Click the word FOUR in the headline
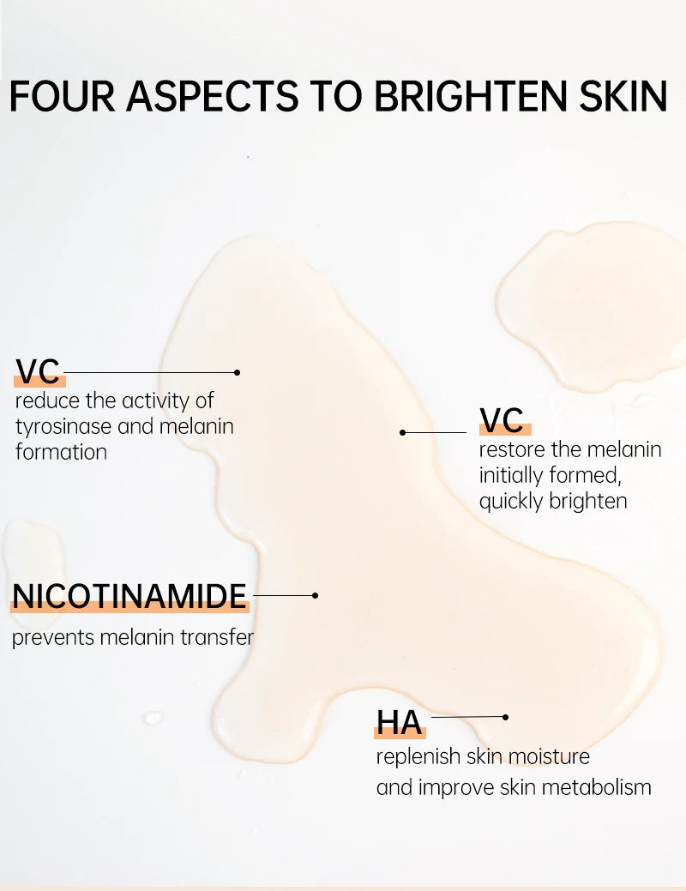click(x=62, y=97)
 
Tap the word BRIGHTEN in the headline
click(x=472, y=97)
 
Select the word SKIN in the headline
click(x=623, y=97)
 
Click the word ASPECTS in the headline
click(x=213, y=97)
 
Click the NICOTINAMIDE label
click(x=129, y=596)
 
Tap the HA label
click(x=400, y=723)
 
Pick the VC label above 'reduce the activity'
click(x=38, y=371)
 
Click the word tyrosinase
click(x=63, y=427)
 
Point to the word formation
click(x=62, y=452)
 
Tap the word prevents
click(x=53, y=637)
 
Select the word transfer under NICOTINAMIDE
click(x=217, y=637)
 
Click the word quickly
click(x=511, y=501)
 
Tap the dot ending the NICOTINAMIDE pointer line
click(x=316, y=595)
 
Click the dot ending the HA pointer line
click(x=505, y=717)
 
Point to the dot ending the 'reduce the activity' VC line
click(x=237, y=373)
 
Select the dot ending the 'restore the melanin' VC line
click(x=402, y=432)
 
